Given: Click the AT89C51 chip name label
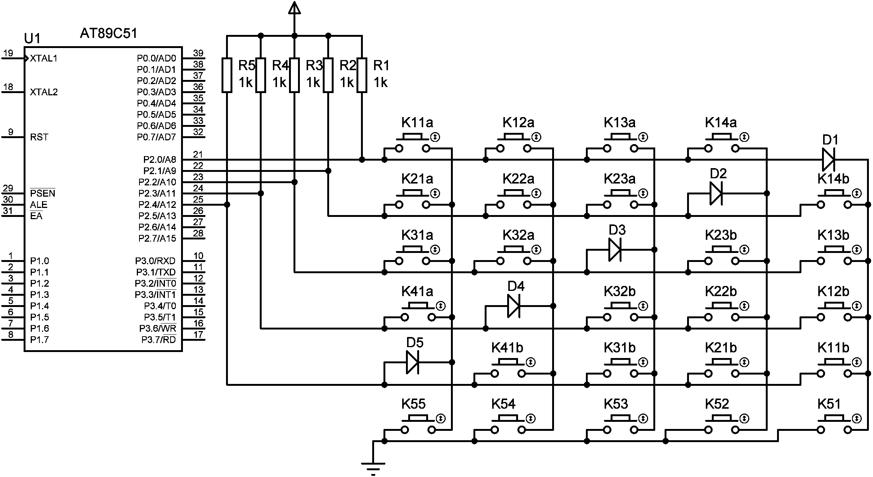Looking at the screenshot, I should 108,34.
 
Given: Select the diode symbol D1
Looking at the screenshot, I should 828,160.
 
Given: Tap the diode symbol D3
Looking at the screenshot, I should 615,250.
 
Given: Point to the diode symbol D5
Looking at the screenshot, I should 412,363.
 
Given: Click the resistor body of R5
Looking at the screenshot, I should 227,75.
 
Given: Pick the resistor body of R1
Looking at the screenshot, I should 362,75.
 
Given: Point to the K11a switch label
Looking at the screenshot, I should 417,122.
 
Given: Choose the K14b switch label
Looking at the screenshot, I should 833,179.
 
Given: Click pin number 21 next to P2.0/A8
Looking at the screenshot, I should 198,154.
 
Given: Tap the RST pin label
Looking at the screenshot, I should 39,137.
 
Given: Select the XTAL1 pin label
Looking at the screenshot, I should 43,59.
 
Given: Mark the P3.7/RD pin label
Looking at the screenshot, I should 158,340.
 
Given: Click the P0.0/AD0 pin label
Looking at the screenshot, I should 156,59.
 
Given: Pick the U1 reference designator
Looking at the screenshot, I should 32,38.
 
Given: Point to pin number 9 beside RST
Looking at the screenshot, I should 11,132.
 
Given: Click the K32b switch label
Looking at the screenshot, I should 620,291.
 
